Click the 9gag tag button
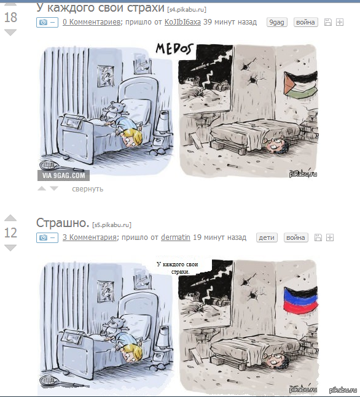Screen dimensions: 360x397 pyautogui.click(x=276, y=22)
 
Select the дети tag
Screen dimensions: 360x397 pyautogui.click(x=267, y=237)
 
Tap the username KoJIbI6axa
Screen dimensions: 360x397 pyautogui.click(x=182, y=22)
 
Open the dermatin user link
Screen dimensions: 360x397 pyautogui.click(x=176, y=237)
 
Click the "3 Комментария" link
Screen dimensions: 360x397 pyautogui.click(x=90, y=237)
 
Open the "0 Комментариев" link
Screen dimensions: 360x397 pyautogui.click(x=92, y=22)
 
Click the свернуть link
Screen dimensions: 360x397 pyautogui.click(x=87, y=189)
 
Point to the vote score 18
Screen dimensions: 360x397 pyautogui.click(x=10, y=17)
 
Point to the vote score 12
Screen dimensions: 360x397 pyautogui.click(x=10, y=233)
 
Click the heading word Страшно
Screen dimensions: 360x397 pyautogui.click(x=63, y=223)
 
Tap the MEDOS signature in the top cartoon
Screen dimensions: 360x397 pyautogui.click(x=174, y=49)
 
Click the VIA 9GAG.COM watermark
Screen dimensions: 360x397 pyautogui.click(x=64, y=175)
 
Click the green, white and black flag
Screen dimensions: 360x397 pyautogui.click(x=301, y=85)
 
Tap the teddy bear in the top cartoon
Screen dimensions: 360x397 pyautogui.click(x=113, y=111)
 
